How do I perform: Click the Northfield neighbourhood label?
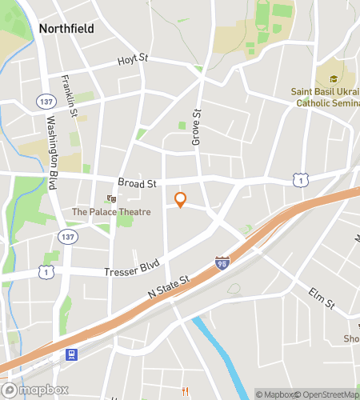coord(66,29)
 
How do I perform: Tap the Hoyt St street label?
coord(134,59)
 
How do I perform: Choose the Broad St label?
coord(136,183)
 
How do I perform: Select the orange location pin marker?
coord(180,200)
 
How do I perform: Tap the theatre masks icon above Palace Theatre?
coord(111,198)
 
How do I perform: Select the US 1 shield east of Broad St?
coord(300,181)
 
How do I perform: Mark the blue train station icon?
coord(72,354)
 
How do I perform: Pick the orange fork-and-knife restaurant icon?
coord(186,390)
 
